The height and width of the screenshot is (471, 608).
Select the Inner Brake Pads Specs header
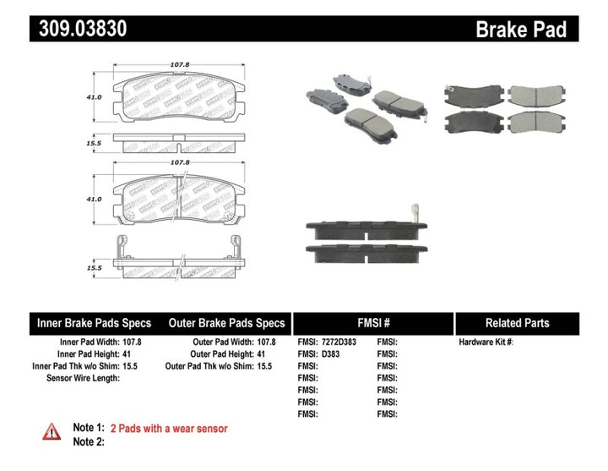(x=94, y=323)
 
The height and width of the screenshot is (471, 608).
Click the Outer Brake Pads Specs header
(x=226, y=323)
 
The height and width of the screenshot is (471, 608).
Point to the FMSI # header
(x=372, y=323)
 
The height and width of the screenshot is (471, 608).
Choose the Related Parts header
(x=517, y=323)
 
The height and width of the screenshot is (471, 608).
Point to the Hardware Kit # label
(x=486, y=342)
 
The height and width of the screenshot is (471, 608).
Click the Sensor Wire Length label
(x=82, y=378)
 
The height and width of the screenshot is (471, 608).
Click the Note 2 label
(x=88, y=442)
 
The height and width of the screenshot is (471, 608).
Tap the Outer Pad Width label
(x=217, y=342)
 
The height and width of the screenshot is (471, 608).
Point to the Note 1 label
(x=88, y=429)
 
